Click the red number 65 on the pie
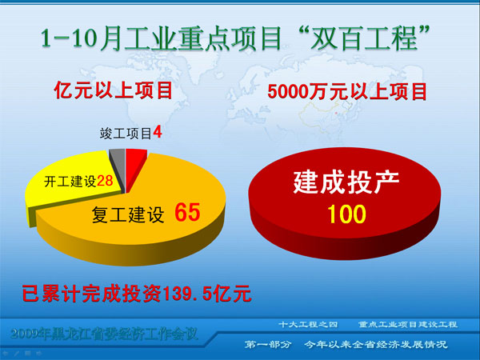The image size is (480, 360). (187, 212)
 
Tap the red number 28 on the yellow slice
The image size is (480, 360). (105, 181)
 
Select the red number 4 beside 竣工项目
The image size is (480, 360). (158, 133)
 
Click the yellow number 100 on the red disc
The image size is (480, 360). (346, 214)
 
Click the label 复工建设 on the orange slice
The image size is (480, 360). (128, 214)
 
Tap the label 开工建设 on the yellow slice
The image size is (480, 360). (70, 182)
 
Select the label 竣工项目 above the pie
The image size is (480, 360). (126, 133)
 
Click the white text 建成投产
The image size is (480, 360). (346, 182)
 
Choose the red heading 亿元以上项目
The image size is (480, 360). (114, 90)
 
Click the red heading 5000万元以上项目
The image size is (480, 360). (347, 91)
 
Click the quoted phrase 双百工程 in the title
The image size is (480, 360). (364, 38)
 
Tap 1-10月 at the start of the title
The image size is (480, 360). (81, 39)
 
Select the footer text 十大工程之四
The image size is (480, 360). (308, 324)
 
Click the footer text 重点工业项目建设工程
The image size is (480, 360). (408, 324)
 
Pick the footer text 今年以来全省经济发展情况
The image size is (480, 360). (376, 344)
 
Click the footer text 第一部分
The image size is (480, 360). (268, 344)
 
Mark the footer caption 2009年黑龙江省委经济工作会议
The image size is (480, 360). (104, 334)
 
